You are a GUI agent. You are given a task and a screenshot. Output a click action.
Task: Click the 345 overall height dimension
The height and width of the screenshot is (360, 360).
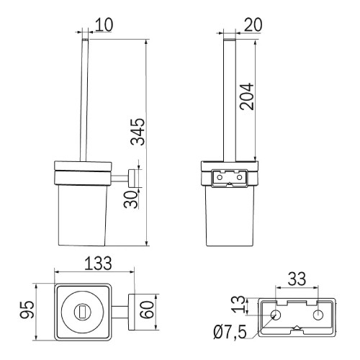pos(138,132)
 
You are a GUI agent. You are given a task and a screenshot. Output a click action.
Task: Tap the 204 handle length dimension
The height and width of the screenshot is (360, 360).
pos(247,96)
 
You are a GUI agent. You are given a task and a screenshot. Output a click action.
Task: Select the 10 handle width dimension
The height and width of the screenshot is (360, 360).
pos(104,24)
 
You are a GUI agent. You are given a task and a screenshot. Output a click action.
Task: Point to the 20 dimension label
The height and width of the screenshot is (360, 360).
pos(253,24)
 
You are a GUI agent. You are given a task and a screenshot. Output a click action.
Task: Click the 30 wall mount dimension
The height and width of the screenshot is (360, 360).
pos(131,199)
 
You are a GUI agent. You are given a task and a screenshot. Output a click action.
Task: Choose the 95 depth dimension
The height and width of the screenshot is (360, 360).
pos(27,310)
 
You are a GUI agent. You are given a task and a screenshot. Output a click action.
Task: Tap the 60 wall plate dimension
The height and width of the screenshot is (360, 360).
pos(147,310)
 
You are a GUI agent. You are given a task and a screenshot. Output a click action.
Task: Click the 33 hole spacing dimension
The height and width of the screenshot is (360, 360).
pos(297,279)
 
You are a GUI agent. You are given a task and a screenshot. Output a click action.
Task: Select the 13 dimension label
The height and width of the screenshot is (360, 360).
pos(239,305)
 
